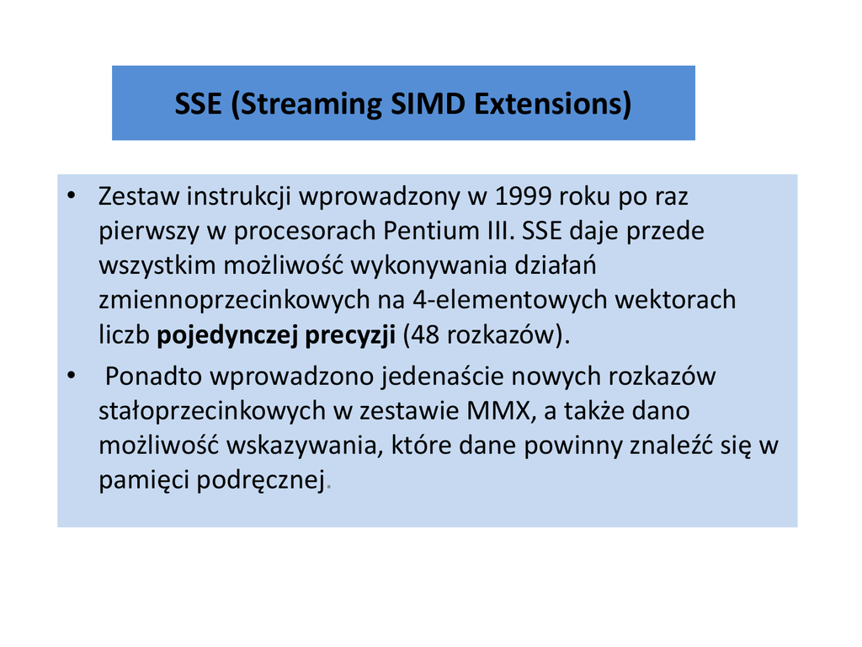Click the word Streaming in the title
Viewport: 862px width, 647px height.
tap(311, 104)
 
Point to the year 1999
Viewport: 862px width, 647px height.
tap(523, 195)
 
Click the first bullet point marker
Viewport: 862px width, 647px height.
tap(71, 195)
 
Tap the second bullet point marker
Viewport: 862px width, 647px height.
tap(71, 375)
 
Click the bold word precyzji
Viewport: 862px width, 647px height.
tap(350, 335)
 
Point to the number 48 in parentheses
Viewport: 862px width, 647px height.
tap(424, 334)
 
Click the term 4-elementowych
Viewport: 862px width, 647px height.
tap(509, 301)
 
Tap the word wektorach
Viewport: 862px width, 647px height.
tap(675, 300)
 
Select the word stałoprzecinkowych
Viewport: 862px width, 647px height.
tap(212, 411)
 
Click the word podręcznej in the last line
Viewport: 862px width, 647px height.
tap(261, 480)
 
